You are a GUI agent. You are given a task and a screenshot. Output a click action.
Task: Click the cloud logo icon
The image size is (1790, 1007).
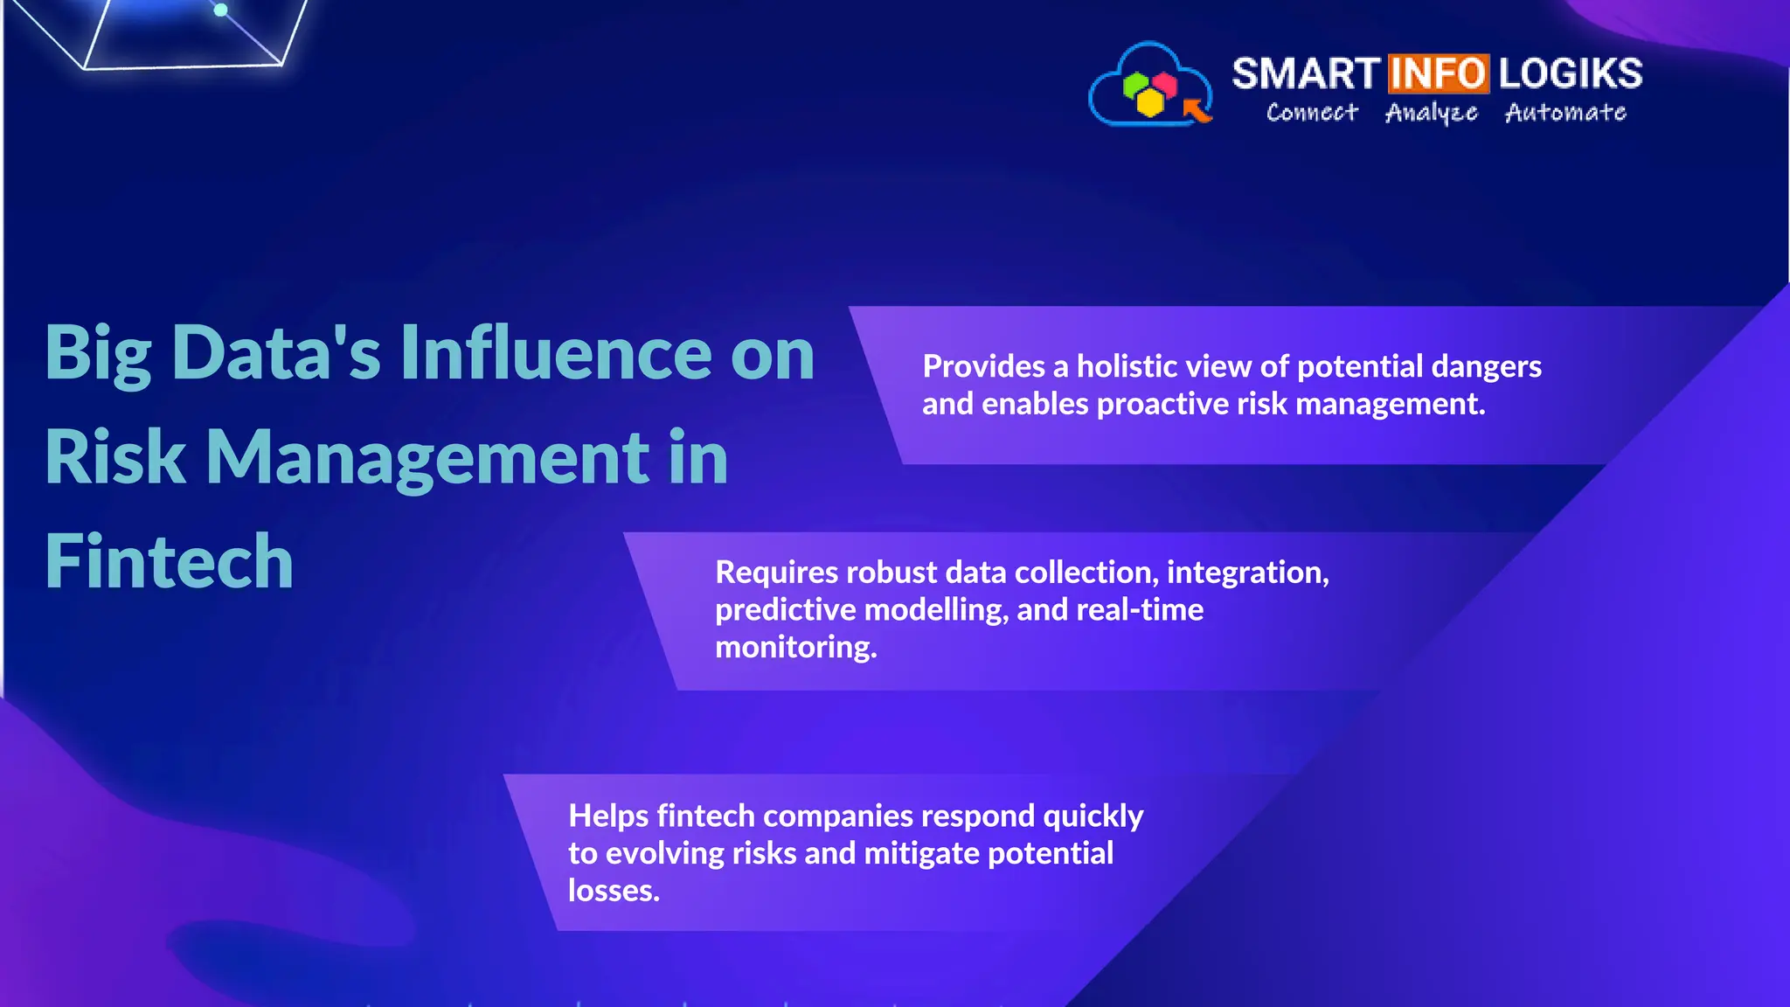1149,86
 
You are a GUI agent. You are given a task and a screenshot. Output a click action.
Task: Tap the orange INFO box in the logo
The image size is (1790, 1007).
1438,73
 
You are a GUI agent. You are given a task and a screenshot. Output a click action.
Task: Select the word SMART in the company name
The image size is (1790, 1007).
1305,73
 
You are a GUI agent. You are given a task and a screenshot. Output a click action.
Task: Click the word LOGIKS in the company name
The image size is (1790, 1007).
1571,73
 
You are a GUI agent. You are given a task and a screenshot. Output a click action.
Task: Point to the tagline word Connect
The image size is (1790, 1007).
1312,113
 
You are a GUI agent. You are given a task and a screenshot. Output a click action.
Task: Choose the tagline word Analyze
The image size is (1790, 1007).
1431,113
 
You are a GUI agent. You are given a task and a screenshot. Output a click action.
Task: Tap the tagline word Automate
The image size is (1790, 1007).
1565,113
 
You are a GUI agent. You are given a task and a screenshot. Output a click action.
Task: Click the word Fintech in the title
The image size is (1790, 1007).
169,561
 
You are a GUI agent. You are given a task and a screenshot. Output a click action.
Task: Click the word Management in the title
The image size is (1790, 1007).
427,457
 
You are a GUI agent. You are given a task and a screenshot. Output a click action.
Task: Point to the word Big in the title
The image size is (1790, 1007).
98,354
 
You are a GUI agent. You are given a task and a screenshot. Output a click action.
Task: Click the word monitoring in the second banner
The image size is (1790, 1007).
795,648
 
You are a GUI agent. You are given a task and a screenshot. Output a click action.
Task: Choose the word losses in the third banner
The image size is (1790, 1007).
613,891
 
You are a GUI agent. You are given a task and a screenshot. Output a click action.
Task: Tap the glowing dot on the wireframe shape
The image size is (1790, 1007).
221,10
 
